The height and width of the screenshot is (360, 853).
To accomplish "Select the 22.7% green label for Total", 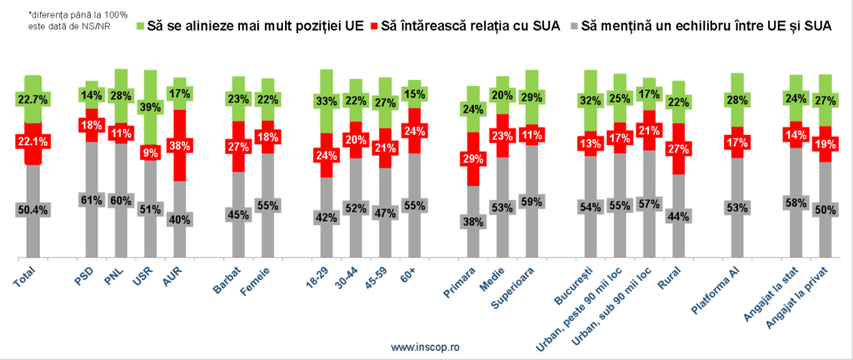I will coord(32,101).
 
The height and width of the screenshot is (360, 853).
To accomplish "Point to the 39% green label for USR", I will coord(151,107).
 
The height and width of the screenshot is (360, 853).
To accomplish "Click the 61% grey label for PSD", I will coord(91,199).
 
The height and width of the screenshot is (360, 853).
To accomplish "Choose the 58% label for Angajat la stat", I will coord(796,202).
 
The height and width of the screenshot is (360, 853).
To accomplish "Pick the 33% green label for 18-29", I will coord(327,102).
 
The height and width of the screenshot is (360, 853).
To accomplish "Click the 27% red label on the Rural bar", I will coord(678,149).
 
